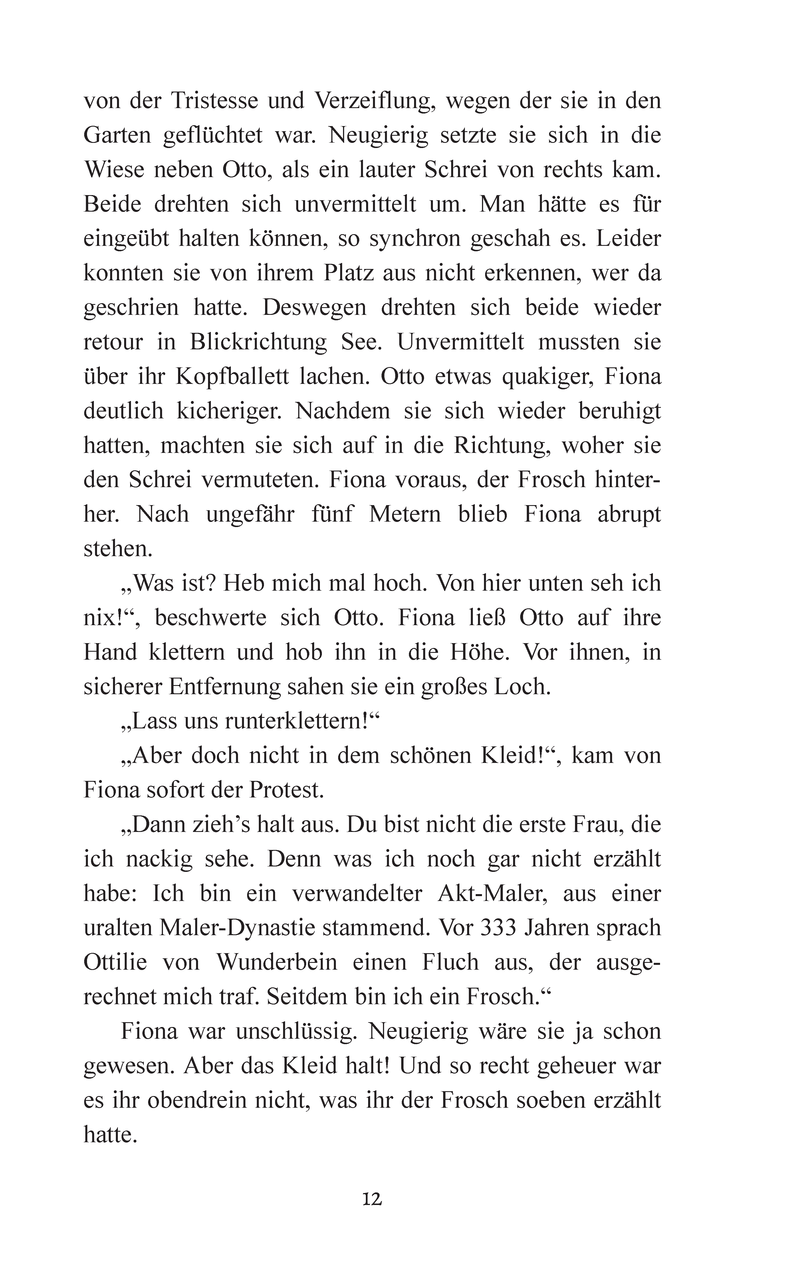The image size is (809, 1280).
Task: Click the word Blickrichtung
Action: (258, 342)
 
